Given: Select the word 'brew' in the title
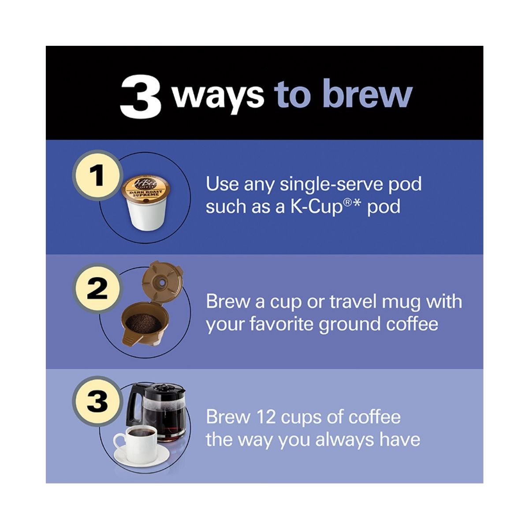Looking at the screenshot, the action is point(367,93).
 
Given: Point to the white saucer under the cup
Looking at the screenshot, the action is point(142,455).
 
